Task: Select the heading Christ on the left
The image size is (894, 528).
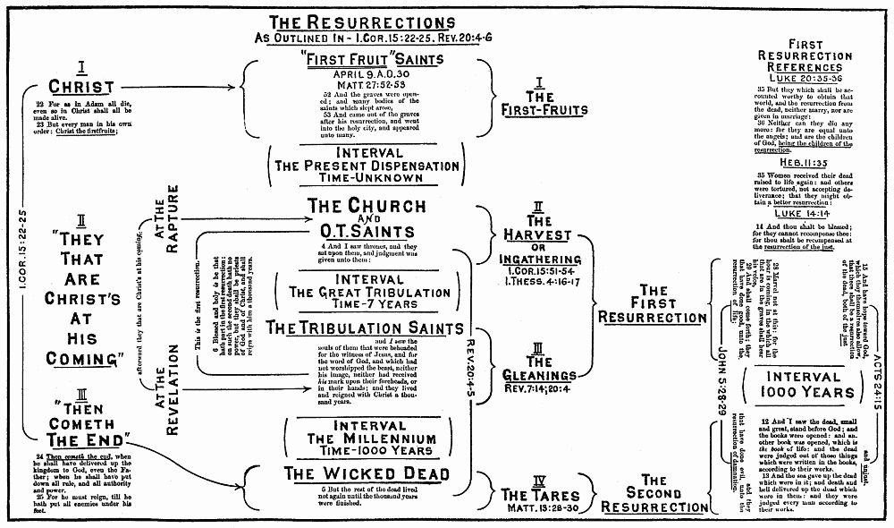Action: click(x=81, y=87)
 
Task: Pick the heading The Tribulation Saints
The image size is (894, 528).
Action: click(x=366, y=328)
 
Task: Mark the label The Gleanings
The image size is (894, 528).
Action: click(x=538, y=368)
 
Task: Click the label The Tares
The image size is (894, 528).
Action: click(x=540, y=495)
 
